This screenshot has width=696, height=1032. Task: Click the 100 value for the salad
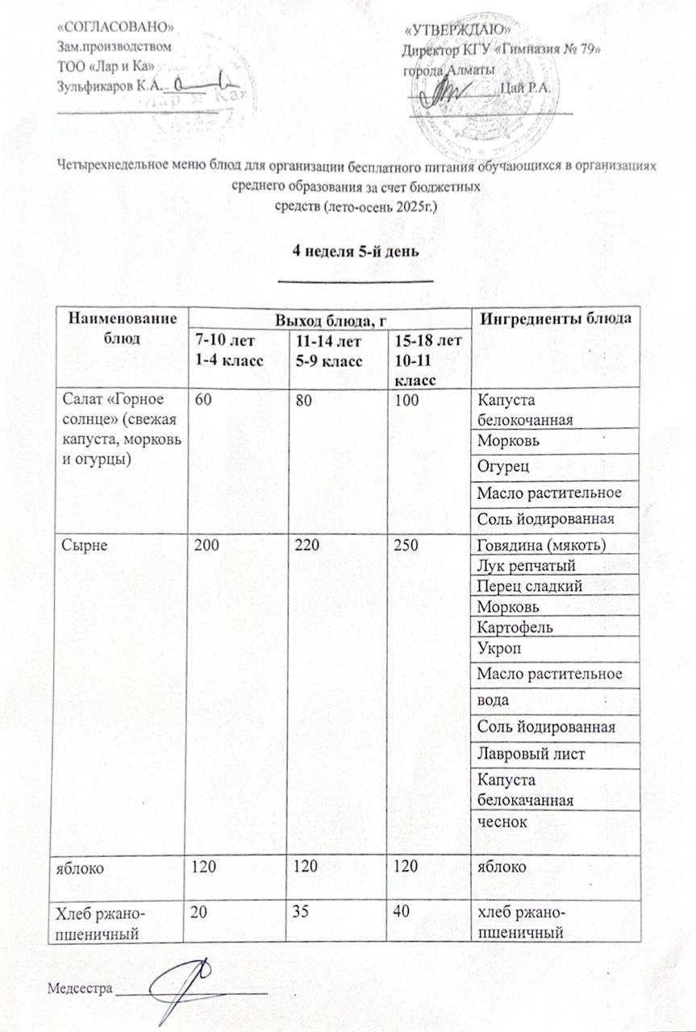click(x=406, y=402)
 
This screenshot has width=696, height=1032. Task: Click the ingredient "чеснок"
click(x=502, y=822)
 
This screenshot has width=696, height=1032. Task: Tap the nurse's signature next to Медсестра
click(x=181, y=985)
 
